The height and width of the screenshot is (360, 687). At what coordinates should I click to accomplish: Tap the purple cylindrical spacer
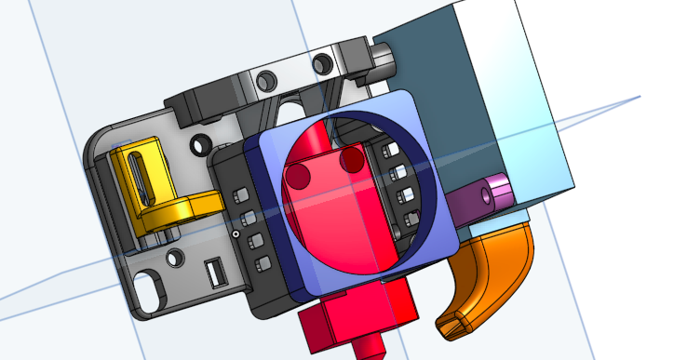[x=492, y=196]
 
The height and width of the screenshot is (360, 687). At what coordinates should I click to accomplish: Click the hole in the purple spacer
[x=488, y=196]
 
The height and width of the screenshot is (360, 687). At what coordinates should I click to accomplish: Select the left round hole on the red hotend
[x=299, y=174]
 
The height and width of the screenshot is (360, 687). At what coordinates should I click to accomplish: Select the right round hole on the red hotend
[x=352, y=161]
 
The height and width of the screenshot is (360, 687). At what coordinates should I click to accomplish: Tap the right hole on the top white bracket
[x=324, y=63]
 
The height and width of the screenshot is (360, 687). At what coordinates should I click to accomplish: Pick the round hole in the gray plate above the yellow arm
[x=198, y=146]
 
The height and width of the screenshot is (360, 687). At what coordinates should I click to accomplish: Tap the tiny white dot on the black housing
[x=237, y=234]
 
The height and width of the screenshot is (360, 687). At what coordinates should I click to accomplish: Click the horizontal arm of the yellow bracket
[x=199, y=202]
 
